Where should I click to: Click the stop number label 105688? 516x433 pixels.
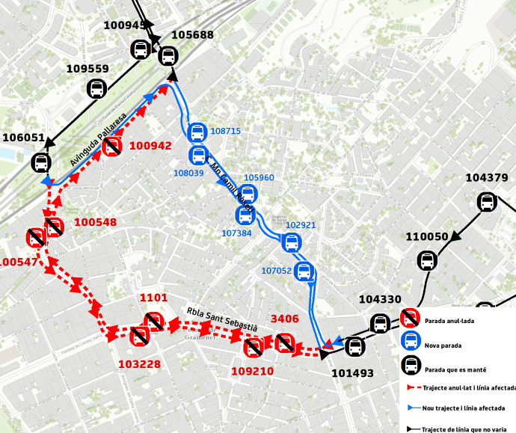192,35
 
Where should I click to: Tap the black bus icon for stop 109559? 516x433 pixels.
96,89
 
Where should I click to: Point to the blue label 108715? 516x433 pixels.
226,131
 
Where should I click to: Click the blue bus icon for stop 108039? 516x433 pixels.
198,155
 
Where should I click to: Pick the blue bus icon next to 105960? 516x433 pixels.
248,194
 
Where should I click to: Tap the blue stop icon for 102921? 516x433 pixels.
292,242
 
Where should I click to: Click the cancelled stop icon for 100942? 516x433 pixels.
112,146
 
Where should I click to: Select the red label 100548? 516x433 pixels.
96,222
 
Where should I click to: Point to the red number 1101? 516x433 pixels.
154,298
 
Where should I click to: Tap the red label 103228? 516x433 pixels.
140,364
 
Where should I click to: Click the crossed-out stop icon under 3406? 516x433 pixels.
284,343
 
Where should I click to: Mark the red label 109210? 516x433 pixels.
252,371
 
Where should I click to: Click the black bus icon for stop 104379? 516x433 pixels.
486,202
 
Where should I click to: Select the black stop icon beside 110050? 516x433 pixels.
427,260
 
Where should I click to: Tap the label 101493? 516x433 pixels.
351,372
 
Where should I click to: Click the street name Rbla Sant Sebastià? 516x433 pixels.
222,319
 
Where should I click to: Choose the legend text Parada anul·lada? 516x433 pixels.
449,321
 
